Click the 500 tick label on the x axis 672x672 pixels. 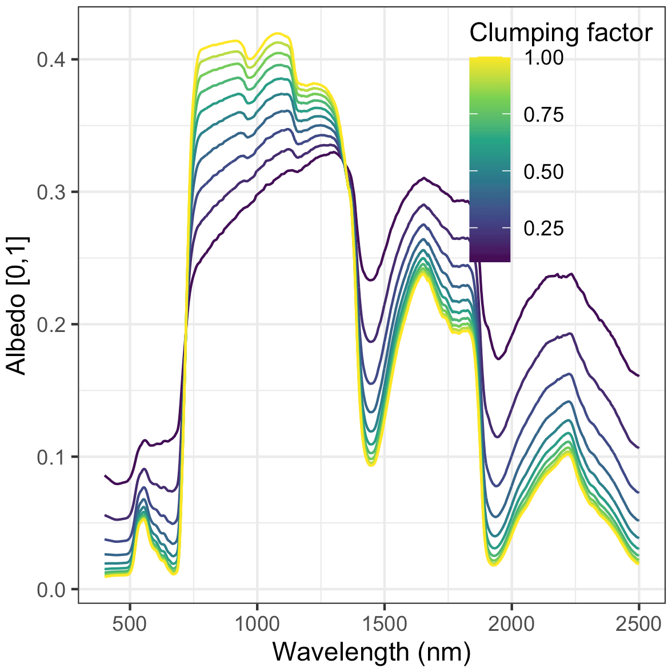130,624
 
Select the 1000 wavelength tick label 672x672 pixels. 257,624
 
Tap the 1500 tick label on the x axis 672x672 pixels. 384,624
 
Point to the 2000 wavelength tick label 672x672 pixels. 511,624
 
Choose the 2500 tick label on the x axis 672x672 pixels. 638,624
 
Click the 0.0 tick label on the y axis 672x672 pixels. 50,590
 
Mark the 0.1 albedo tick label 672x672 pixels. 50,457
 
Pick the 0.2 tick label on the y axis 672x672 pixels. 50,325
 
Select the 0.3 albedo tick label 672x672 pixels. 50,192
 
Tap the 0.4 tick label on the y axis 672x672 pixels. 50,59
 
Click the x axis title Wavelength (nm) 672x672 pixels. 371,652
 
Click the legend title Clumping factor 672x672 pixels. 561,33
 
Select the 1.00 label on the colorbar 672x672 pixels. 543,58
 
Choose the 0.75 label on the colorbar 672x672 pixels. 543,114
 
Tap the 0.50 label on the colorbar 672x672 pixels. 543,171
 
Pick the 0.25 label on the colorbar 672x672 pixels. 543,228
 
